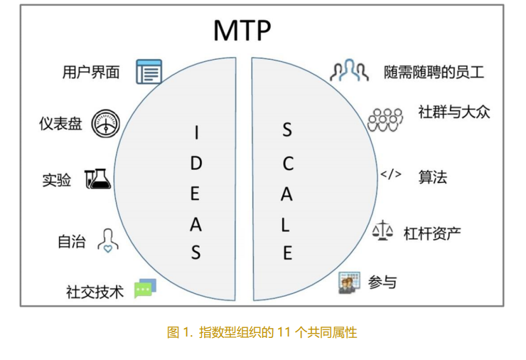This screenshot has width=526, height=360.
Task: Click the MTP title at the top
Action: coord(242,31)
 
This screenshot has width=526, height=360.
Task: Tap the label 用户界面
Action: coord(91,72)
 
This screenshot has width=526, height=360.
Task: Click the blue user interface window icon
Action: coord(149,72)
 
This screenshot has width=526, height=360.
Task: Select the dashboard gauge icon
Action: coord(106,124)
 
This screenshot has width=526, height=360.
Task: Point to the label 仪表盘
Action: coord(60,123)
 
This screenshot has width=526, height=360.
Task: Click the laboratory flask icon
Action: coord(97,179)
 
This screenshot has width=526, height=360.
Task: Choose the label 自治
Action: coord(72,241)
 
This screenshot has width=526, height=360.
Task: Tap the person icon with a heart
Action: coord(107,240)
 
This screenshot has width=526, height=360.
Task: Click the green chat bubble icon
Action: coord(145,288)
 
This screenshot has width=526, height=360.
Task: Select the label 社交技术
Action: coord(95,292)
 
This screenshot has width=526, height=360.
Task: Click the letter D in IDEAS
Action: coord(196,164)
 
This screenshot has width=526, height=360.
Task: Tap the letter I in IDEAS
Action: coord(197,132)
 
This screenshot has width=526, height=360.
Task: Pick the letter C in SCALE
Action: coord(288,164)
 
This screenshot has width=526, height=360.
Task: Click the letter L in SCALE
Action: coord(286,225)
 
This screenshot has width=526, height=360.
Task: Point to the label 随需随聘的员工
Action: coord(434,72)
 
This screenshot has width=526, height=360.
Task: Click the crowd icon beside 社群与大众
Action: coord(385,120)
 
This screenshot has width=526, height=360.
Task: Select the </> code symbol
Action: coord(391,174)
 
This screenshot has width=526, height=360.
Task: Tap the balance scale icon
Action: coord(382,231)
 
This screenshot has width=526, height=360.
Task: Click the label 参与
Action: coord(382,282)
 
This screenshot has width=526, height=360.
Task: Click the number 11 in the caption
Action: coord(284,332)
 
